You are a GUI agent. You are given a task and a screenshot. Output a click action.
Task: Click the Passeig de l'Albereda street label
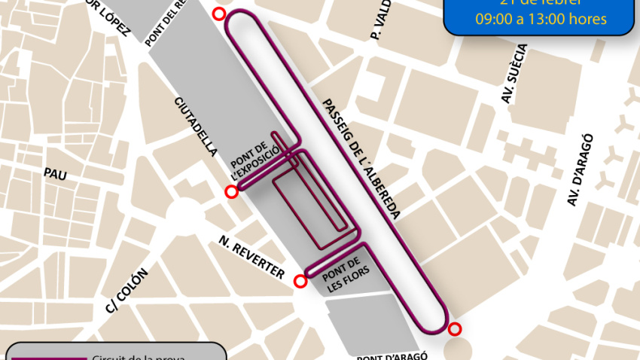coord(360,159)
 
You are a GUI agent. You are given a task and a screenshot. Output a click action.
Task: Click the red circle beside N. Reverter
coord(300,282)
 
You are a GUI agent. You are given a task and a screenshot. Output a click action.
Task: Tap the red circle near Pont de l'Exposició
coord(232,192)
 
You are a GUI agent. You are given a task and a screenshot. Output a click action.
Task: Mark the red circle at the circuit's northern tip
coord(218,14)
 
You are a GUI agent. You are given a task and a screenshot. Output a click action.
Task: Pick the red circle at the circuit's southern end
coord(454,329)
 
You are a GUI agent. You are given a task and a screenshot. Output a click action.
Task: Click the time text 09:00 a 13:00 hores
coord(541,19)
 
